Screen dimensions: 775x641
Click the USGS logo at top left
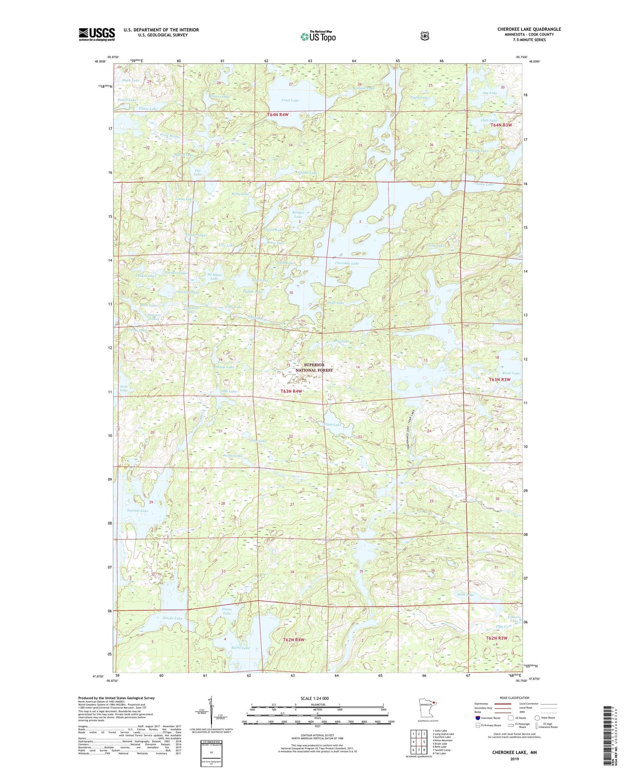coord(97,34)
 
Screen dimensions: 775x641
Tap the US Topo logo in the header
coord(317,36)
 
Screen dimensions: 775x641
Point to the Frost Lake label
coord(290,100)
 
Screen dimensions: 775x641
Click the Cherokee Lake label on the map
coord(347,263)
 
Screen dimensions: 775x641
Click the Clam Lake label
coord(333,425)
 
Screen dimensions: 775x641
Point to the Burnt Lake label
coord(240,648)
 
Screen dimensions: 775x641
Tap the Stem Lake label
coord(465,594)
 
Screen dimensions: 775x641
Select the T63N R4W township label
coord(291,391)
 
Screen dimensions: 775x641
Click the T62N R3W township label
coord(496,638)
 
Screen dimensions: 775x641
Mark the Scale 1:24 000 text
coord(315,698)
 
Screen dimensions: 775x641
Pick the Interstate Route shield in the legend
coord(477,718)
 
